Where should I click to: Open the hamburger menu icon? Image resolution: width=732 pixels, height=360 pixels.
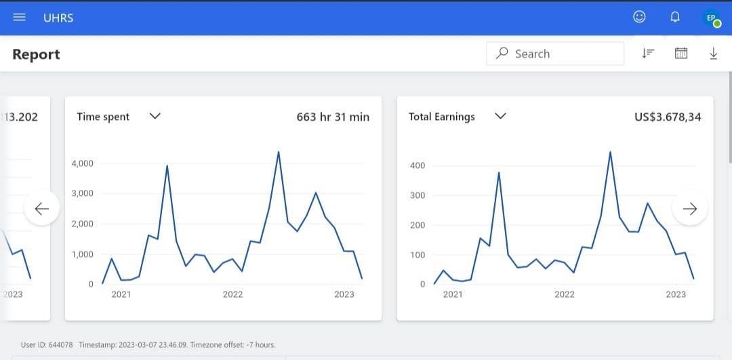point(19,17)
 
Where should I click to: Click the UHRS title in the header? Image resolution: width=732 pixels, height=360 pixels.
point(58,18)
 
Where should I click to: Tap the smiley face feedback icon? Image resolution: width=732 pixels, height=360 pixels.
point(639,17)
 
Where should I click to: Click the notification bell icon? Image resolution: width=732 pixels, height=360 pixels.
point(675,17)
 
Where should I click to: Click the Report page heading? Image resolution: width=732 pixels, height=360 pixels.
point(36,54)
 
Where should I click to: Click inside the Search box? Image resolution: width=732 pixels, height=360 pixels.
point(555,54)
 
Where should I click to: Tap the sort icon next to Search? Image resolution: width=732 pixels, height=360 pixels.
point(648,54)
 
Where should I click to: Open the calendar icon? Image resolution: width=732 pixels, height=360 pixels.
point(681,54)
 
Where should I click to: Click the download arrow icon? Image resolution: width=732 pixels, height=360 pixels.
point(713,54)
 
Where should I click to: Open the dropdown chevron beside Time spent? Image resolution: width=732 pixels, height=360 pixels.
point(155,116)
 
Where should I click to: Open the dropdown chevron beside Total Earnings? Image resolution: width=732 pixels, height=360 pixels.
point(500,116)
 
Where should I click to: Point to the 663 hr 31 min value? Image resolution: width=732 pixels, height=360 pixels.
point(333,117)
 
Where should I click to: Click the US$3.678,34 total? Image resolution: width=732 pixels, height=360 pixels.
point(668,117)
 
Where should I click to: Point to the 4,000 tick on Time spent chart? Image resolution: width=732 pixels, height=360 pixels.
point(83,163)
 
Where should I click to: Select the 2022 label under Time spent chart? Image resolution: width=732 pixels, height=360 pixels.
point(232,294)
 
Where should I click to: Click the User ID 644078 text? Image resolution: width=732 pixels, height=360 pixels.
point(47,345)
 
